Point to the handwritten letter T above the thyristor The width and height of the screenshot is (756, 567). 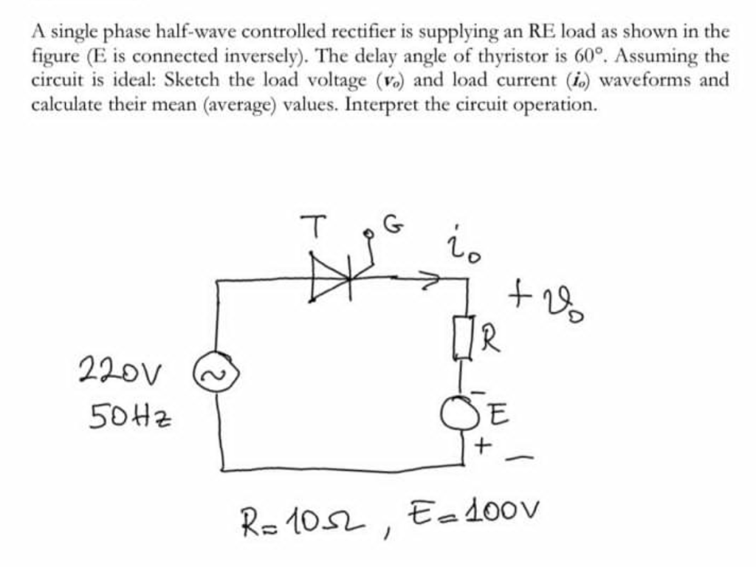[315, 225]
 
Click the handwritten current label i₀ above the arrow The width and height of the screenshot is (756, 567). [465, 246]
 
